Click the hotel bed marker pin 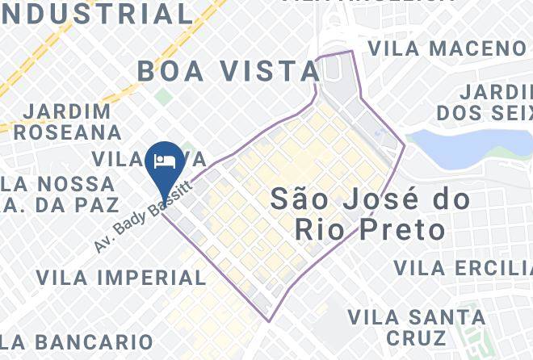click(x=165, y=159)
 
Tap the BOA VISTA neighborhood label click(x=229, y=71)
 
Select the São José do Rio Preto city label click(x=359, y=214)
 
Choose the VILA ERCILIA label click(x=463, y=267)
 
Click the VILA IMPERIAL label click(x=121, y=278)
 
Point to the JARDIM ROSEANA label click(x=68, y=120)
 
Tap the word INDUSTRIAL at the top click(x=97, y=14)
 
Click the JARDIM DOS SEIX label click(x=485, y=100)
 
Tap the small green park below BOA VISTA click(x=164, y=97)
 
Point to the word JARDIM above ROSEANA click(x=68, y=110)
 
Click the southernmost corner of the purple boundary click(x=270, y=321)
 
